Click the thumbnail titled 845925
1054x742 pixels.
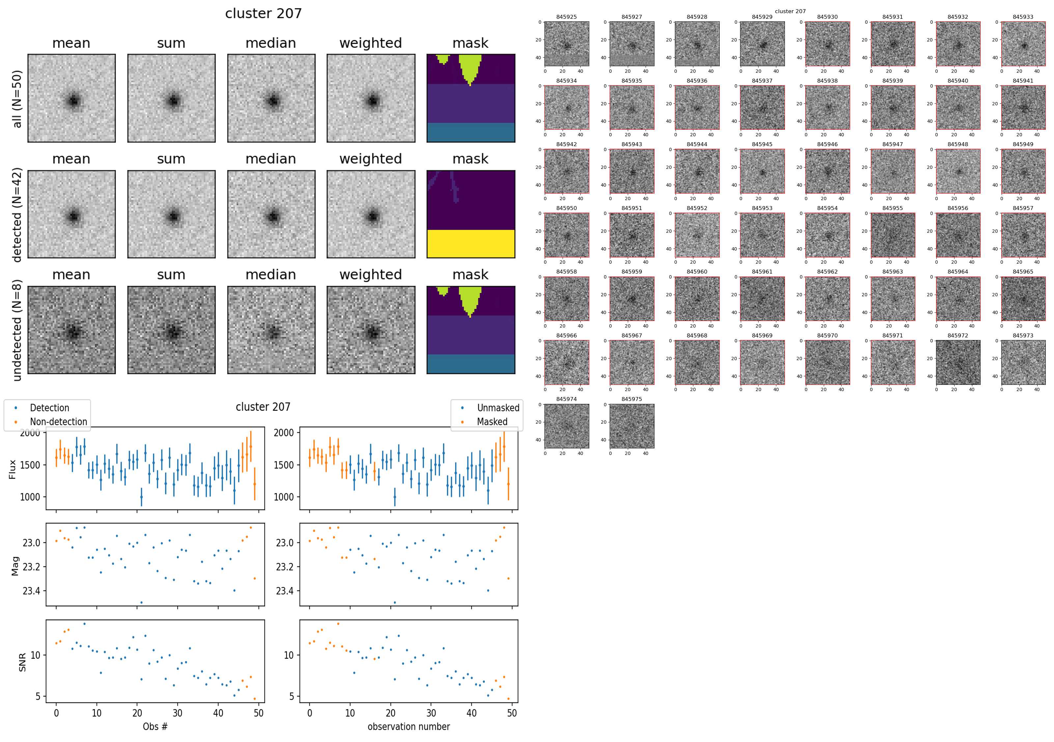pyautogui.click(x=567, y=44)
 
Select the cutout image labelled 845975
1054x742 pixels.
pyautogui.click(x=632, y=426)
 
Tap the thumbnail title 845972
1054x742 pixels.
pyautogui.click(x=957, y=335)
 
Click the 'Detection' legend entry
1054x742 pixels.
pyautogui.click(x=49, y=408)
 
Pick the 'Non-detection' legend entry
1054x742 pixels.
pyautogui.click(x=58, y=422)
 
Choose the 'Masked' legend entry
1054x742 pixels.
pyautogui.click(x=492, y=422)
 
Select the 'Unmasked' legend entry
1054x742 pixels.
pyautogui.click(x=498, y=408)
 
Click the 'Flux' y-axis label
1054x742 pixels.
pyautogui.click(x=13, y=469)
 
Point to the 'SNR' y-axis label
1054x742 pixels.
pyautogui.click(x=22, y=662)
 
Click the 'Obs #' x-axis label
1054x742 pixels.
pyautogui.click(x=155, y=727)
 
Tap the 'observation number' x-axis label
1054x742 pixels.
pyautogui.click(x=408, y=727)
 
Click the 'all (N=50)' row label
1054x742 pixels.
pyautogui.click(x=17, y=99)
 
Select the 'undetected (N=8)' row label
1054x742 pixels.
pyautogui.click(x=17, y=331)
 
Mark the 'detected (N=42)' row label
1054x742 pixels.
pyautogui.click(x=17, y=214)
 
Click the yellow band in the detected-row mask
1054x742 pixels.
pyautogui.click(x=471, y=243)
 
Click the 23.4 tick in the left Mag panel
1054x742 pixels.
pyautogui.click(x=31, y=591)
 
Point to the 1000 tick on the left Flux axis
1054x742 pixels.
pyautogui.click(x=30, y=497)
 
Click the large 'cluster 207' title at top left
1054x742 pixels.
pyautogui.click(x=263, y=13)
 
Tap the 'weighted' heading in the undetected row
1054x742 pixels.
pyautogui.click(x=371, y=275)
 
